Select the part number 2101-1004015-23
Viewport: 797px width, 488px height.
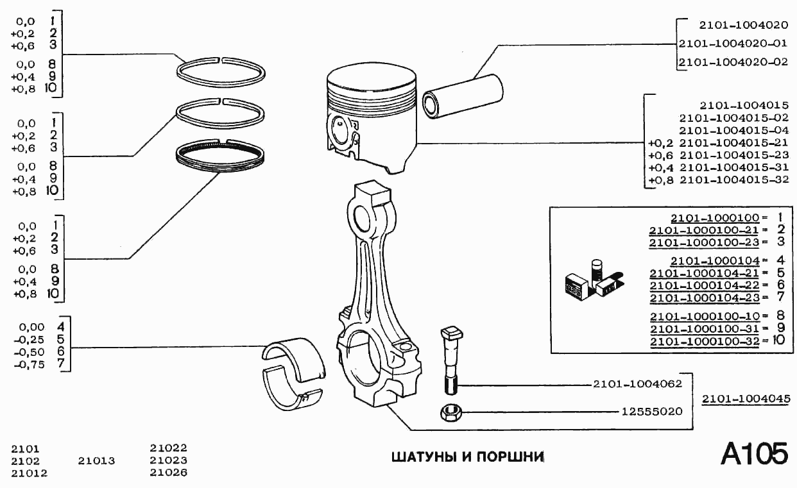(733, 155)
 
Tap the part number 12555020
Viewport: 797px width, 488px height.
(651, 411)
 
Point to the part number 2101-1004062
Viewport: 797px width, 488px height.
(637, 384)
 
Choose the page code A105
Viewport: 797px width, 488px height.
(754, 455)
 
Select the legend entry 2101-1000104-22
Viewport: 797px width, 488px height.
(704, 285)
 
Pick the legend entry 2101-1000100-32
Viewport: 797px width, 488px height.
(704, 341)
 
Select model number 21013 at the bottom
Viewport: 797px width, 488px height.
(96, 461)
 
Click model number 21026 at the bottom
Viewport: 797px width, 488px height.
(168, 473)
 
